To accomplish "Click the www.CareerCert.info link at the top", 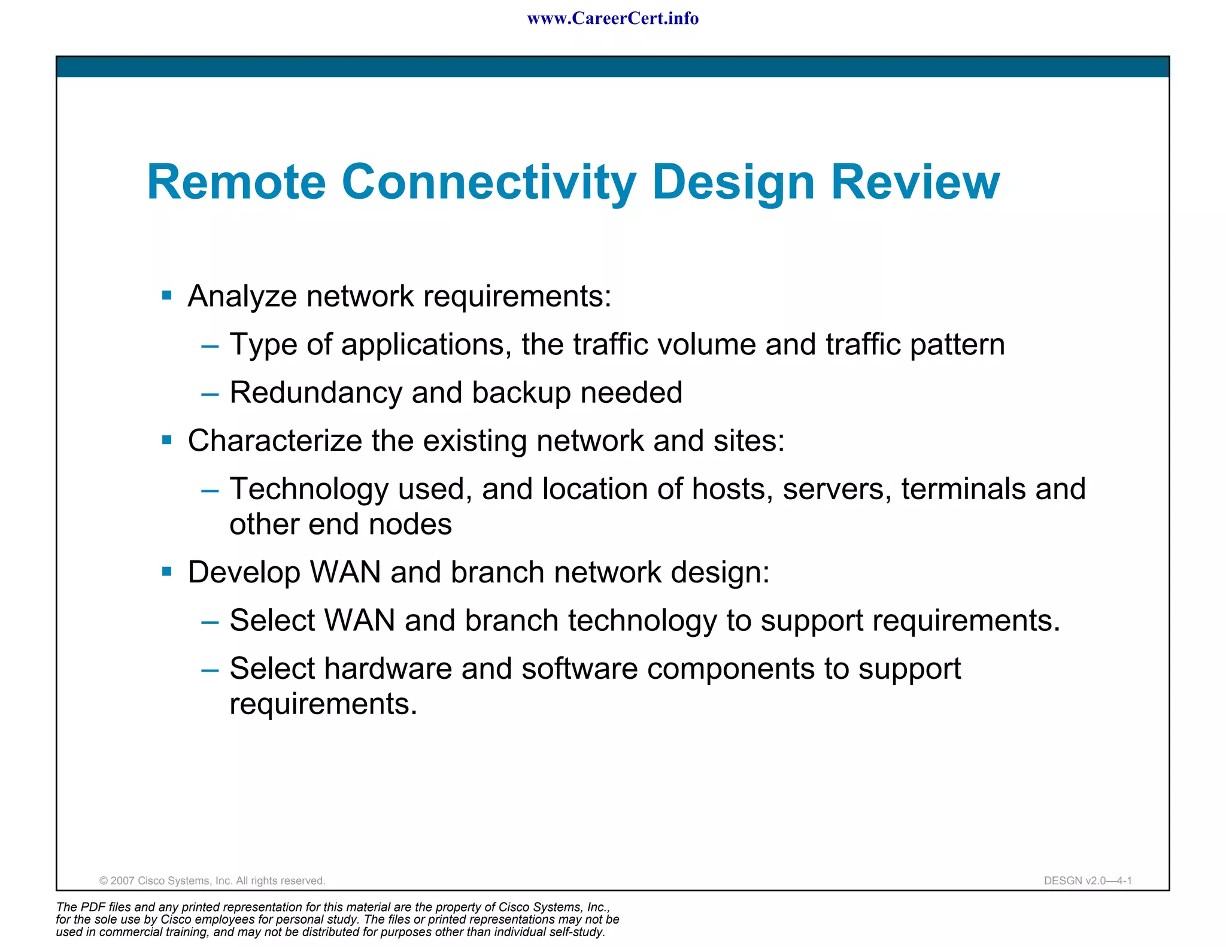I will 612,19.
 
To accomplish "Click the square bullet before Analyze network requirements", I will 167,295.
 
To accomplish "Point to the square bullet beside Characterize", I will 167,441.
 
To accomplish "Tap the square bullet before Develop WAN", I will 167,572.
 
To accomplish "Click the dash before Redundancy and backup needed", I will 210,394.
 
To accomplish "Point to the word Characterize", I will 275,441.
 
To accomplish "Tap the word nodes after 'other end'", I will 410,524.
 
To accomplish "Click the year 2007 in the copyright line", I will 122,881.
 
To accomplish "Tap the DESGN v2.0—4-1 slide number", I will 1088,881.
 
